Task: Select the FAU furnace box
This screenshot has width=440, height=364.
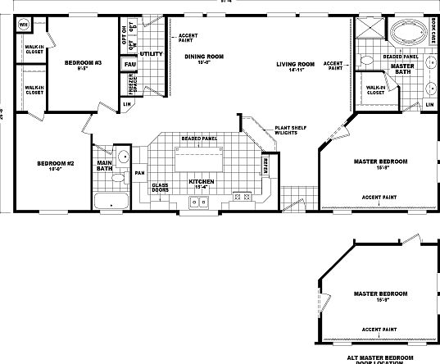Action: click(129, 64)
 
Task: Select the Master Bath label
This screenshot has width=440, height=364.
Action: click(402, 69)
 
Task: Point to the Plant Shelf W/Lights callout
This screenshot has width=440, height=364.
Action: click(288, 132)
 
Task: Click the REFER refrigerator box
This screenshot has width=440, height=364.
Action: click(265, 167)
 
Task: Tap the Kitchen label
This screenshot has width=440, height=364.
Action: click(201, 183)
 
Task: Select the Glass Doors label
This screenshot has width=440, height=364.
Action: click(161, 188)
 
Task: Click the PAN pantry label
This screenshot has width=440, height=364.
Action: click(140, 173)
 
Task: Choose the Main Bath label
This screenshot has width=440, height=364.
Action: click(105, 168)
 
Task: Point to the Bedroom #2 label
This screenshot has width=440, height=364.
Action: click(56, 166)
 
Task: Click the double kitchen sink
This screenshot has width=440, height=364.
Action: click(202, 199)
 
